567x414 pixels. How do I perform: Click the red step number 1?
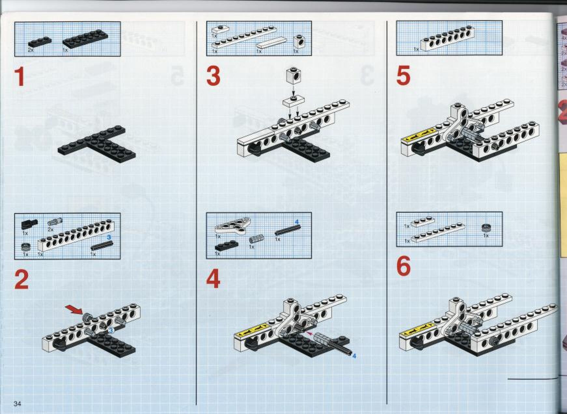(21, 77)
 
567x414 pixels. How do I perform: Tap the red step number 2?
(21, 280)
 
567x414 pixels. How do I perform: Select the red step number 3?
(213, 76)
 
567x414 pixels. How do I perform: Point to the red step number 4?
(213, 280)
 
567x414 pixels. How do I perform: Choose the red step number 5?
(404, 76)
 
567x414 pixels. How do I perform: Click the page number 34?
(17, 404)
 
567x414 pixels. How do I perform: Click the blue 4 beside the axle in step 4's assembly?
(354, 356)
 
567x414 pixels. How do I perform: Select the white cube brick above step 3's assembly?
(294, 75)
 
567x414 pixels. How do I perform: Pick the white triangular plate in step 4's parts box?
(232, 225)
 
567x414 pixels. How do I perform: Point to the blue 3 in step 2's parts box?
(109, 238)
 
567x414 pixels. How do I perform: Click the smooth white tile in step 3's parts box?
(272, 43)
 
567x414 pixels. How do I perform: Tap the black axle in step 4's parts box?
(287, 229)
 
